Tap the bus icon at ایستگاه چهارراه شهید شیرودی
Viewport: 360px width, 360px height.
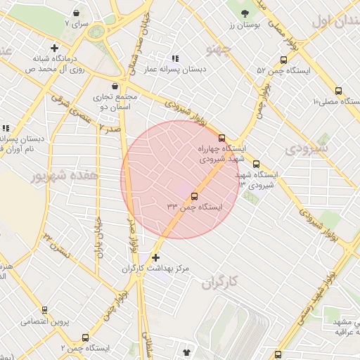click(x=222, y=138)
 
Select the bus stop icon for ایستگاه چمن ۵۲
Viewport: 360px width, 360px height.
click(x=283, y=60)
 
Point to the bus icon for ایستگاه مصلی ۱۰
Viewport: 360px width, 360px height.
click(x=339, y=91)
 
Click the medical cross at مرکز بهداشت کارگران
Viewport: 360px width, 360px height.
click(x=155, y=258)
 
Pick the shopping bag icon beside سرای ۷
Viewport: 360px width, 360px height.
click(x=76, y=13)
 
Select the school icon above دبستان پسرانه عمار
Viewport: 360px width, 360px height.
click(x=175, y=58)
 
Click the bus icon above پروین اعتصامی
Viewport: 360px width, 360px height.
click(x=45, y=310)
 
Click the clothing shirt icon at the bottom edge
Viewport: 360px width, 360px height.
click(x=186, y=352)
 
